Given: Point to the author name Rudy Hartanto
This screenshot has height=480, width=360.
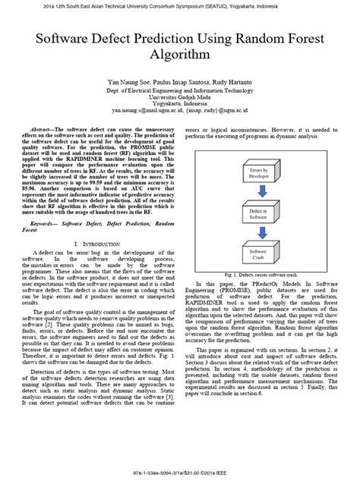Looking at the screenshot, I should tap(232, 81).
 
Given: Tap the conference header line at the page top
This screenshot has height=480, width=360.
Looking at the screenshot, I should tap(179, 5).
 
